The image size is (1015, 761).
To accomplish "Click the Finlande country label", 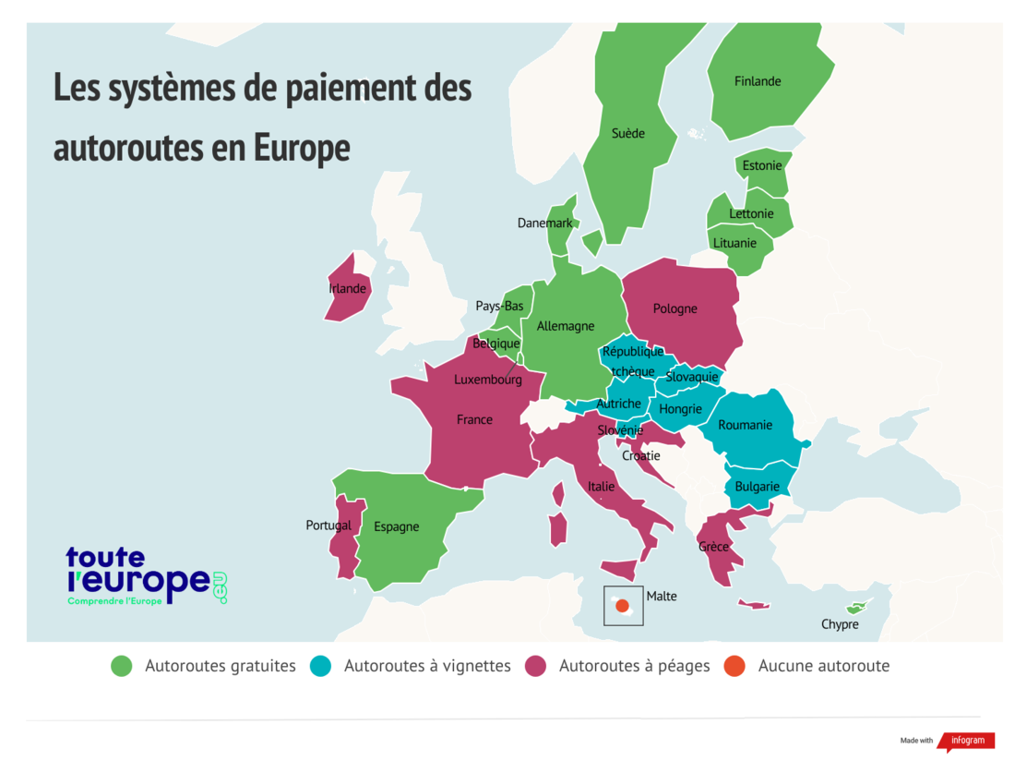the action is [758, 81].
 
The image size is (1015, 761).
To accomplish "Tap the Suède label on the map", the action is [628, 133].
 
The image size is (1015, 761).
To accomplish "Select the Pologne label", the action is [675, 308].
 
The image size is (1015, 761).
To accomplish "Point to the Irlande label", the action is [348, 288].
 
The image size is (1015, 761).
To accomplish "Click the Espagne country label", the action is [397, 526].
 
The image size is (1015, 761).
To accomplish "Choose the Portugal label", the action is [328, 525].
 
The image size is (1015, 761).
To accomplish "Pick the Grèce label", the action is [713, 547].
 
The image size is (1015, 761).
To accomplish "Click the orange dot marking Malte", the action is [622, 606].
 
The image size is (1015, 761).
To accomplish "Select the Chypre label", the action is [840, 624].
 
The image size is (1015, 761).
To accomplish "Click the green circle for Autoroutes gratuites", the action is [122, 666].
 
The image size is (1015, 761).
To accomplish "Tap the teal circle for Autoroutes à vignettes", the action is [321, 666].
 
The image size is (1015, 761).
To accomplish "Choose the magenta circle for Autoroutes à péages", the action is [536, 666].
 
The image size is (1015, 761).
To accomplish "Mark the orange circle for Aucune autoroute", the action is [735, 666].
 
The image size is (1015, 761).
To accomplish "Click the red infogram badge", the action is [967, 741].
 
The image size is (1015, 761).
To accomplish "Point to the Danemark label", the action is [544, 223].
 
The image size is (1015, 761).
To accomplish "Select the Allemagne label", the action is [566, 326].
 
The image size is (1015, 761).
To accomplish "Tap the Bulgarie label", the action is [758, 487].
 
